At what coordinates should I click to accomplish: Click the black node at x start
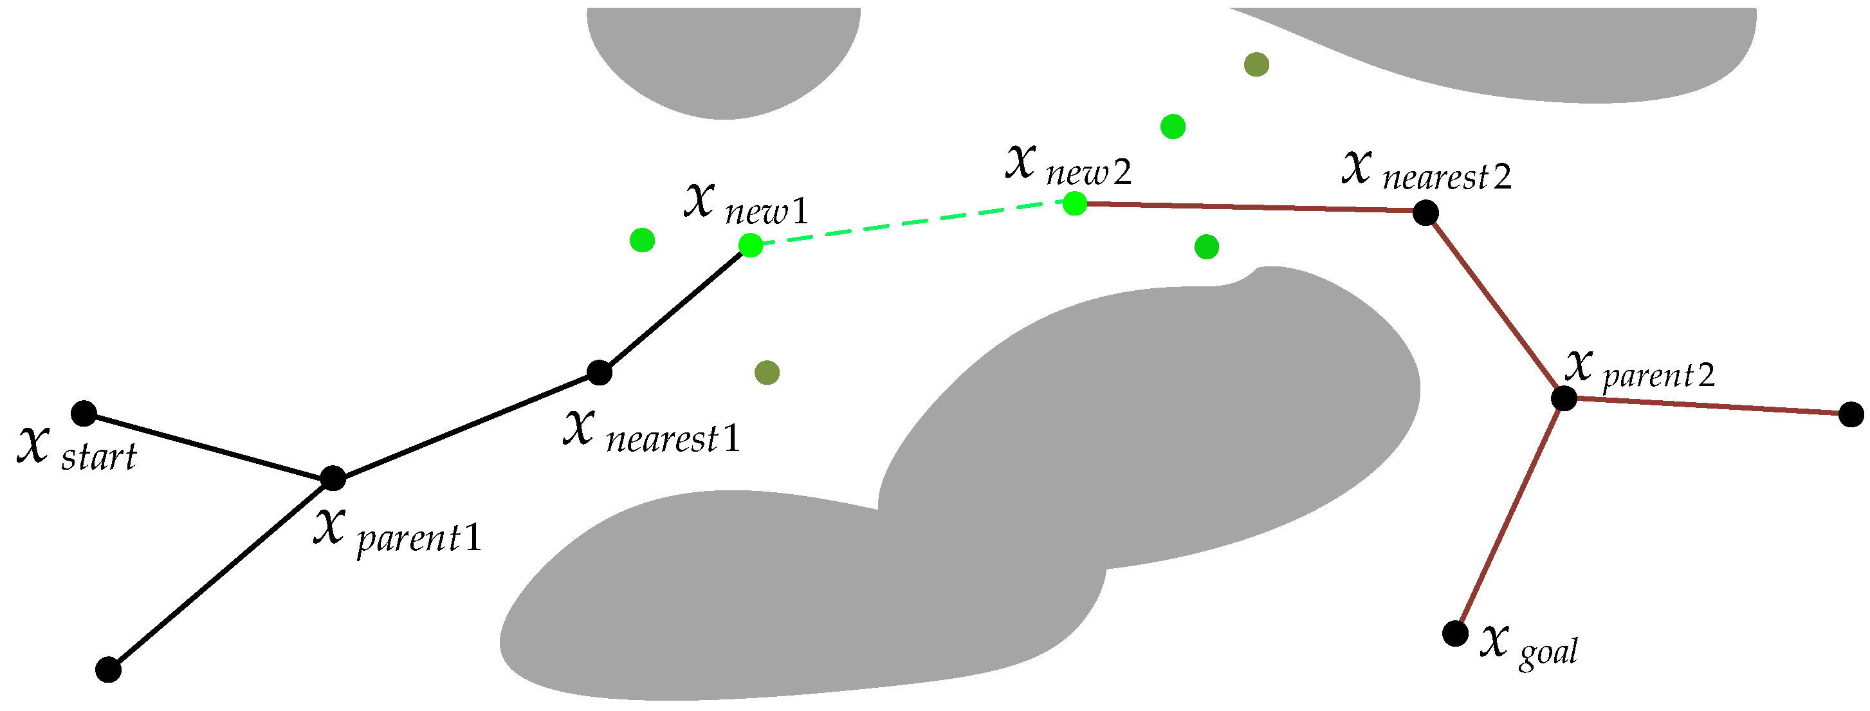[84, 413]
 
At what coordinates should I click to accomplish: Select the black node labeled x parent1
[333, 478]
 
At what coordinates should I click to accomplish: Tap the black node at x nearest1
[599, 373]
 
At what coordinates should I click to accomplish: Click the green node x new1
[751, 246]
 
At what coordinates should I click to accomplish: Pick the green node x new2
[1075, 203]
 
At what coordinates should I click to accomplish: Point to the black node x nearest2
[1425, 213]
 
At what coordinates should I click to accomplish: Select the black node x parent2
[1564, 398]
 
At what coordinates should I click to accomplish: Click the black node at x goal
[1455, 633]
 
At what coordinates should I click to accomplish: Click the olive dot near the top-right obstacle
[1256, 64]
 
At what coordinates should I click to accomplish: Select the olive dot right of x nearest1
[767, 373]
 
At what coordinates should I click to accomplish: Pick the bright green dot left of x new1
[643, 239]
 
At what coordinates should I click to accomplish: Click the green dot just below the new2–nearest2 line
[1207, 247]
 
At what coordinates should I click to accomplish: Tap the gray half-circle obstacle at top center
[724, 58]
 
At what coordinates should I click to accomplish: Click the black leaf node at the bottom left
[109, 669]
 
